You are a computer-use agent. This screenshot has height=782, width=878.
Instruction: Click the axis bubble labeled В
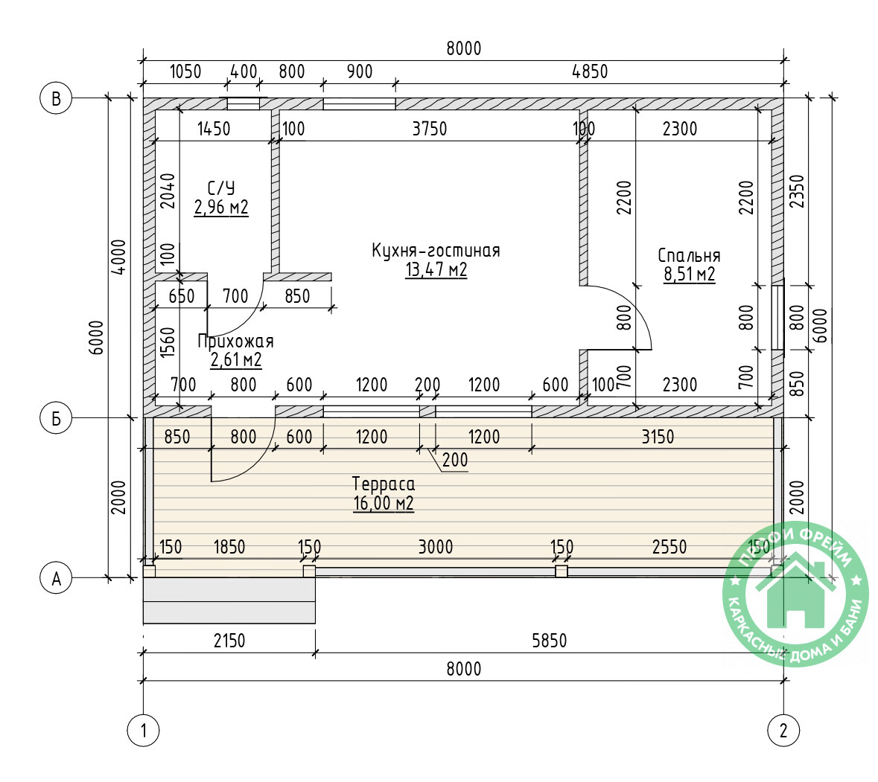(56, 98)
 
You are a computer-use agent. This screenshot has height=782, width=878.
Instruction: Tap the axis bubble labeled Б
(56, 418)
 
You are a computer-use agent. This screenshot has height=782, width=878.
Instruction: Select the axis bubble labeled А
(56, 578)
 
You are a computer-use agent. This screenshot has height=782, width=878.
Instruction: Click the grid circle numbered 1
(143, 730)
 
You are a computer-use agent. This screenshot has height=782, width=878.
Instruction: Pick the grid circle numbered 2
(783, 730)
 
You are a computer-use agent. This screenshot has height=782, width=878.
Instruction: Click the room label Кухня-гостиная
(436, 251)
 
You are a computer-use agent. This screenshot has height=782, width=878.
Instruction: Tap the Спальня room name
(689, 256)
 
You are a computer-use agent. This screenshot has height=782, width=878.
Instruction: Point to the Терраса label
(384, 484)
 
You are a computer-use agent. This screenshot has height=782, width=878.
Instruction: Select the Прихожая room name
(236, 341)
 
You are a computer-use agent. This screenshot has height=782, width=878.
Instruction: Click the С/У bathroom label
(221, 188)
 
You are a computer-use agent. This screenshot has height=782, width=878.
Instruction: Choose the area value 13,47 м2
(436, 269)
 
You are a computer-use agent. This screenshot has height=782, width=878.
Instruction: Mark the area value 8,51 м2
(690, 275)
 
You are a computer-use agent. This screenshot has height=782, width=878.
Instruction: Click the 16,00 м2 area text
(384, 503)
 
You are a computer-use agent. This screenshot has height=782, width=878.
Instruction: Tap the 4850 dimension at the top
(590, 71)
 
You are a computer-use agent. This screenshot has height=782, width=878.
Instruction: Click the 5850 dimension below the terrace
(550, 641)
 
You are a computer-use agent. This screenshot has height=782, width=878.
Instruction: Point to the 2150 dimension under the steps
(229, 641)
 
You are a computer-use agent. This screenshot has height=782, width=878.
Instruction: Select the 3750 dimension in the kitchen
(430, 129)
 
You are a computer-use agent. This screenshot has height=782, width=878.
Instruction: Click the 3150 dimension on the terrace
(658, 437)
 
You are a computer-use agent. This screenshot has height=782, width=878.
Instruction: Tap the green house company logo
(795, 594)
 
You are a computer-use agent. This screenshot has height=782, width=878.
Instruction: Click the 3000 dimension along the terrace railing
(436, 546)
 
